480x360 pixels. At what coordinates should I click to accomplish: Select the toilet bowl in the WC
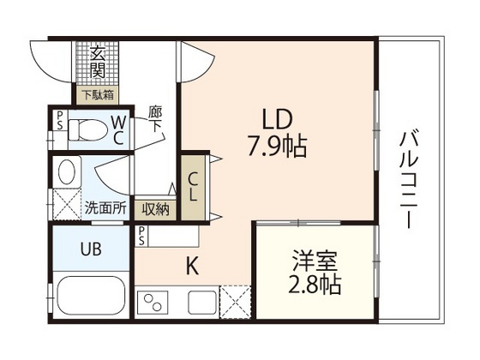pyautogui.click(x=83, y=129)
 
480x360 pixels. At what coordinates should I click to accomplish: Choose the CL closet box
pyautogui.click(x=193, y=184)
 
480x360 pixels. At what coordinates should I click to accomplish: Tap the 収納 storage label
pyautogui.click(x=155, y=208)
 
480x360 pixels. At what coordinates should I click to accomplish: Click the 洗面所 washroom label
pyautogui.click(x=105, y=207)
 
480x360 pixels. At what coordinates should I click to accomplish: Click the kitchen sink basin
pyautogui.click(x=203, y=303)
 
